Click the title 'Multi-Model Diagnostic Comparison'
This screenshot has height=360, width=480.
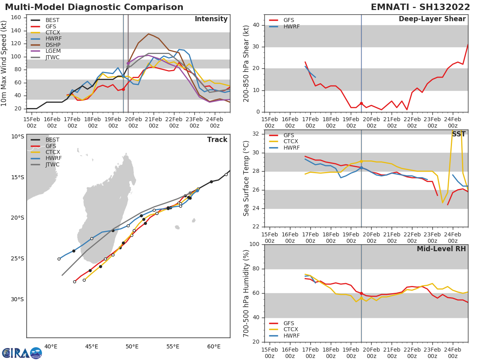coord(94,7)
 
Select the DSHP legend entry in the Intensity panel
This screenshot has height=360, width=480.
coord(52,45)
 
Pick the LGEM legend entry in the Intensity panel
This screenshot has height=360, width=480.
coord(52,51)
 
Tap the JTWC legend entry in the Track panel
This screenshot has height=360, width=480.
coord(52,164)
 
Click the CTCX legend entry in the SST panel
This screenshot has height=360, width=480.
coord(291,142)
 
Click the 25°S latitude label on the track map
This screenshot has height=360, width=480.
coord(17,258)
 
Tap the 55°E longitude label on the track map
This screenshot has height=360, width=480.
coord(173,346)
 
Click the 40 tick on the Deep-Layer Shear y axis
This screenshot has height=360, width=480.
coord(257,25)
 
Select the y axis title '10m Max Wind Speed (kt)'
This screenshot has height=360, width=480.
coord(4,63)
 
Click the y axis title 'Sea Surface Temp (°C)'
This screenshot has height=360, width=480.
coord(246,179)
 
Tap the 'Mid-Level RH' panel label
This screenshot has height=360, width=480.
coord(441,249)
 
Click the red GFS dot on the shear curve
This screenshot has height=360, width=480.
coord(361,103)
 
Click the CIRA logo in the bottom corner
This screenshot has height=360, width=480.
coord(22,353)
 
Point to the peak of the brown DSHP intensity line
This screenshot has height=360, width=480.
coord(148,34)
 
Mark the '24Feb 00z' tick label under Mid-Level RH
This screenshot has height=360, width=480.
coord(452,350)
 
